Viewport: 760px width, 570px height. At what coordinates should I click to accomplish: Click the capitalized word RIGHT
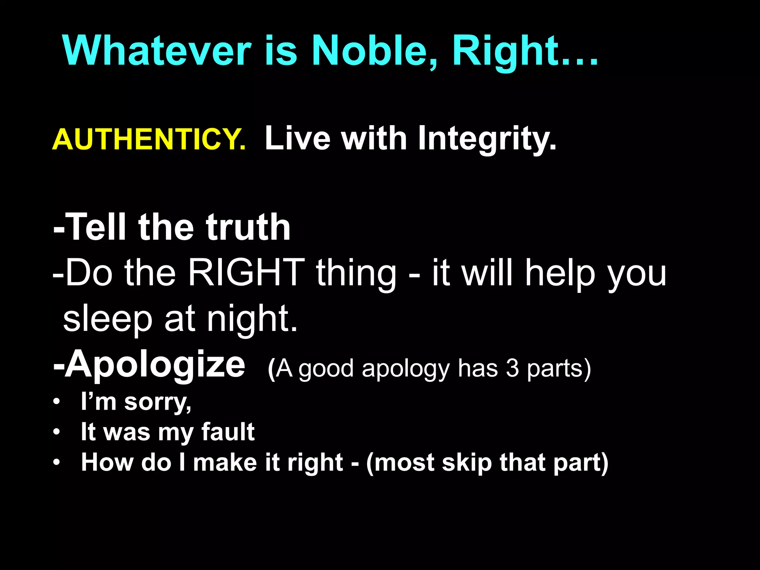(246, 273)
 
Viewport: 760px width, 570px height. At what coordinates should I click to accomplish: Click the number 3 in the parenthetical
(512, 368)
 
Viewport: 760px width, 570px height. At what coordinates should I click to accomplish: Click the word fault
(228, 432)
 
